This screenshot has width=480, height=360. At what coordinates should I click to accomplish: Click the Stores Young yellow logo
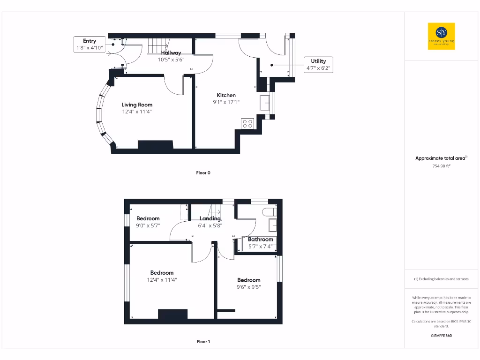pos(441,36)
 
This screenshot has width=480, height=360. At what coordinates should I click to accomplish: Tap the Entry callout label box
pos(89,45)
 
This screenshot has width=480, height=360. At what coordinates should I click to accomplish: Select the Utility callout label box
pos(318,64)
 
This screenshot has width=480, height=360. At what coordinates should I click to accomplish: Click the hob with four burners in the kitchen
pos(247,123)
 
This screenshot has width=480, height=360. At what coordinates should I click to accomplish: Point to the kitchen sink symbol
pos(265,103)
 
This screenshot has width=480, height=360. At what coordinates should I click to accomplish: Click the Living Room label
pos(137,105)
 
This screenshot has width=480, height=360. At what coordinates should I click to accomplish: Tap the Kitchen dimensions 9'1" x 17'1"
pos(226,102)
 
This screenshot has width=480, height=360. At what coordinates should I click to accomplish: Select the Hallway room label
pos(171,53)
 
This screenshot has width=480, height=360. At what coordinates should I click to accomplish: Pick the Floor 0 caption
pos(203,173)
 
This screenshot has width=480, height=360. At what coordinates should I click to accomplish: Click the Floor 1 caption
pos(203,342)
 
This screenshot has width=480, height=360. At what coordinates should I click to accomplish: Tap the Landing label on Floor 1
pos(210,218)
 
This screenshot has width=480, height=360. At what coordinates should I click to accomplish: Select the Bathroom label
pos(260,239)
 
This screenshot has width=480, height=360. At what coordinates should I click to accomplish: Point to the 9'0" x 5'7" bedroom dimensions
pos(148,225)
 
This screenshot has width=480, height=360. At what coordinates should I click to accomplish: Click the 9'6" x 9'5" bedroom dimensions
pos(248,287)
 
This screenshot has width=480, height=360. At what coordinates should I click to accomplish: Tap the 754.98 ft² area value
pos(441,165)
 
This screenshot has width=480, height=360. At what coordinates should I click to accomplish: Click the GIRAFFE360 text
pos(441,336)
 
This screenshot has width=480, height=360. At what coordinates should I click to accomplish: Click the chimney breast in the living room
pos(155,145)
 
